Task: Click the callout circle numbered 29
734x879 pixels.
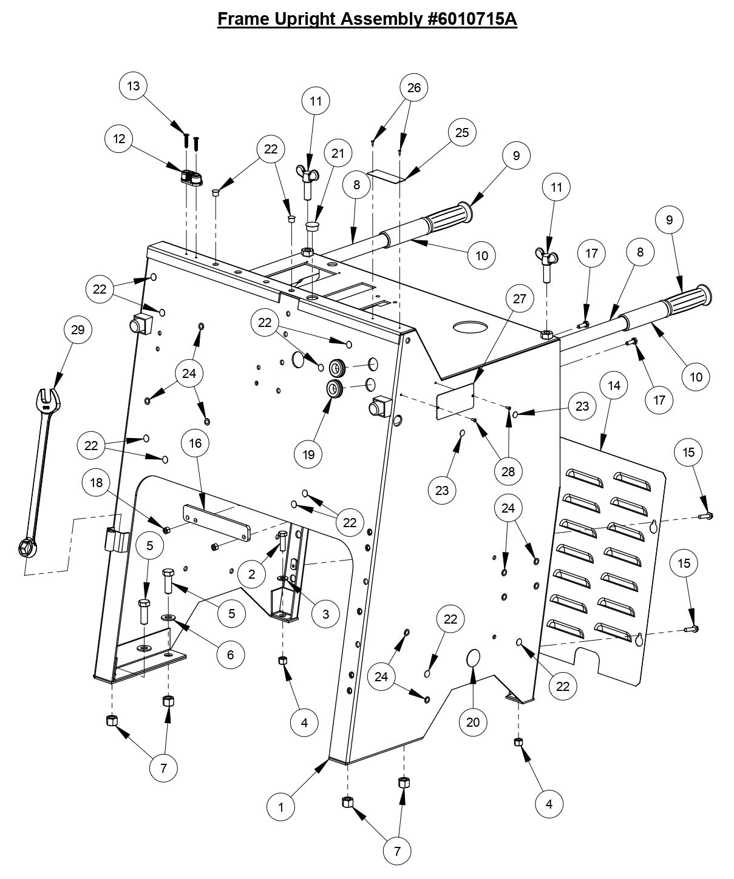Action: pos(78,330)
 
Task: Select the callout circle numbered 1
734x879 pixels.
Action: pos(281,807)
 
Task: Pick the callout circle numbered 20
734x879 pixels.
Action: pos(473,722)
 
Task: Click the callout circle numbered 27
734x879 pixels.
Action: pos(520,298)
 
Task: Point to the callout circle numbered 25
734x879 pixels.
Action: pos(462,132)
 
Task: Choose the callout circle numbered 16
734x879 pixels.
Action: pos(195,443)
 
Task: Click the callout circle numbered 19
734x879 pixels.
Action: pos(308,454)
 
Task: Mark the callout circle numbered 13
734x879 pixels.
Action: pos(133,86)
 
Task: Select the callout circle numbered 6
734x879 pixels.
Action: pos(230,655)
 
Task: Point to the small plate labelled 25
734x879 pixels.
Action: pos(389,176)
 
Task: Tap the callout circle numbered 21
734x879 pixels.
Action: pos(338,153)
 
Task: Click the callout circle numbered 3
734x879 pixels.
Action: pos(326,613)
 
